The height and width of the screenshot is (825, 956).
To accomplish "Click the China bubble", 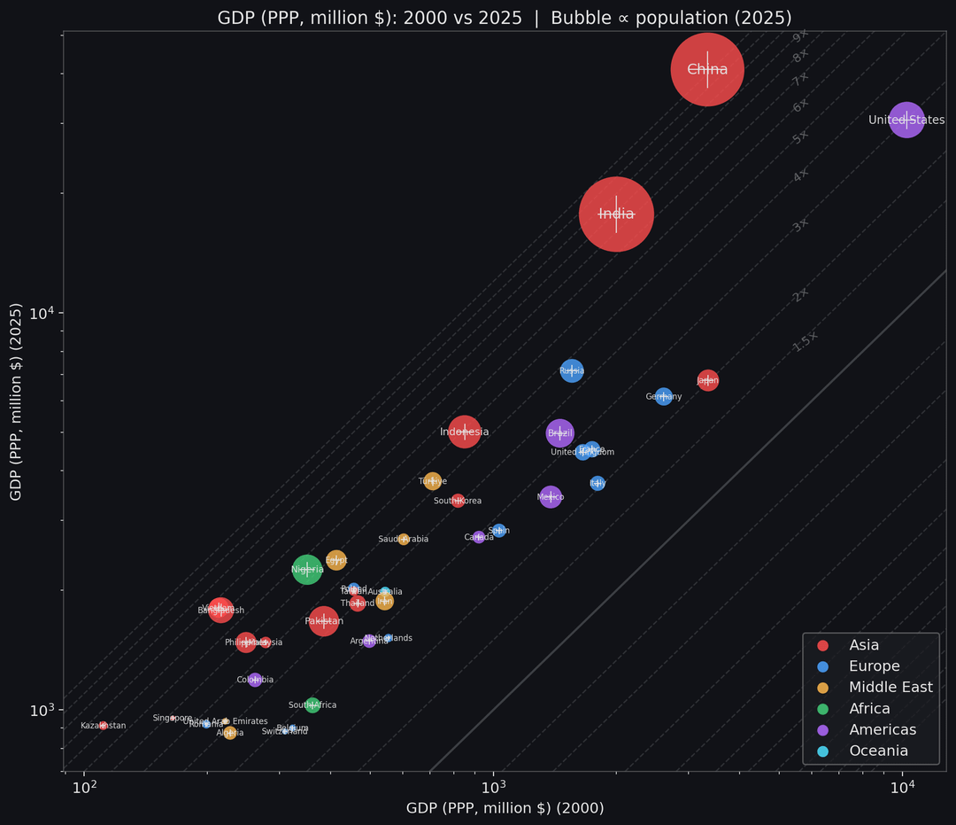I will tap(706, 69).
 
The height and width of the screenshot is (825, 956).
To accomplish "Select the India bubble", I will tap(616, 214).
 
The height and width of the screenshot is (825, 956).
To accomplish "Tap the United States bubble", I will tap(906, 120).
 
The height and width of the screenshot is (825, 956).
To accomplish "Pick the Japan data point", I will tap(707, 381).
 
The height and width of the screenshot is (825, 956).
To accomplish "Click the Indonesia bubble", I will tap(464, 432).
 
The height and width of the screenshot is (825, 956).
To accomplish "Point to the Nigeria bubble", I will tap(306, 569).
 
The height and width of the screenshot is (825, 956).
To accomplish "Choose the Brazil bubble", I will tap(559, 433).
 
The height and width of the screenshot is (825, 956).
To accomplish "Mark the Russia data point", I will tap(572, 370).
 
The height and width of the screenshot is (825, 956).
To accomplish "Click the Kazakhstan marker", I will tap(103, 726).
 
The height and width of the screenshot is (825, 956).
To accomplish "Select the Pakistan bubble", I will tap(324, 621).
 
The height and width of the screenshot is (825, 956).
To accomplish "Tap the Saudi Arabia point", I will tap(404, 539).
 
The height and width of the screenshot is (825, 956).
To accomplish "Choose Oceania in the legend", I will tap(878, 751).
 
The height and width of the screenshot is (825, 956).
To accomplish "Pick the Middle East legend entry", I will tap(890, 688).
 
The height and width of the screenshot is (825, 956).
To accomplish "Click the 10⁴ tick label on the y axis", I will tap(42, 314).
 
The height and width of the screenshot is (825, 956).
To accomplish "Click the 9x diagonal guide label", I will tap(800, 36).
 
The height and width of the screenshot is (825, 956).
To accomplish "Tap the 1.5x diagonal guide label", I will tap(806, 341).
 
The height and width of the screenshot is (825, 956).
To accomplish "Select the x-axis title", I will tap(505, 808).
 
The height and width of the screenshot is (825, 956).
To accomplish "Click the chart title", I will tap(505, 18).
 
